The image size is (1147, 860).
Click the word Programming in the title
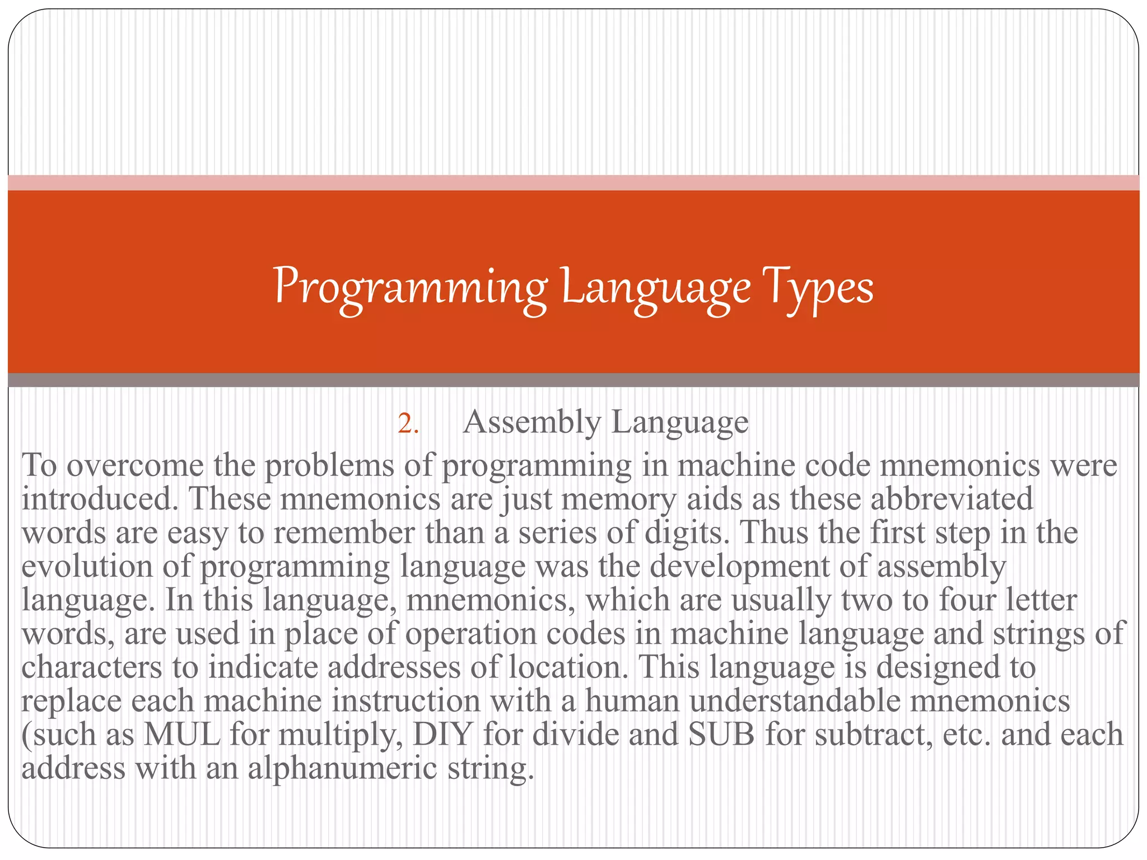tap(411, 288)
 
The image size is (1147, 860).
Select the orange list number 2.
tap(408, 424)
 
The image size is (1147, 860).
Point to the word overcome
tap(135, 466)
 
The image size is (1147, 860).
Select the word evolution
tap(87, 566)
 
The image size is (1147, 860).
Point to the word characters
tap(91, 667)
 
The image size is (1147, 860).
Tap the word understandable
tap(795, 701)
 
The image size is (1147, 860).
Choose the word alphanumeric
tap(342, 768)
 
